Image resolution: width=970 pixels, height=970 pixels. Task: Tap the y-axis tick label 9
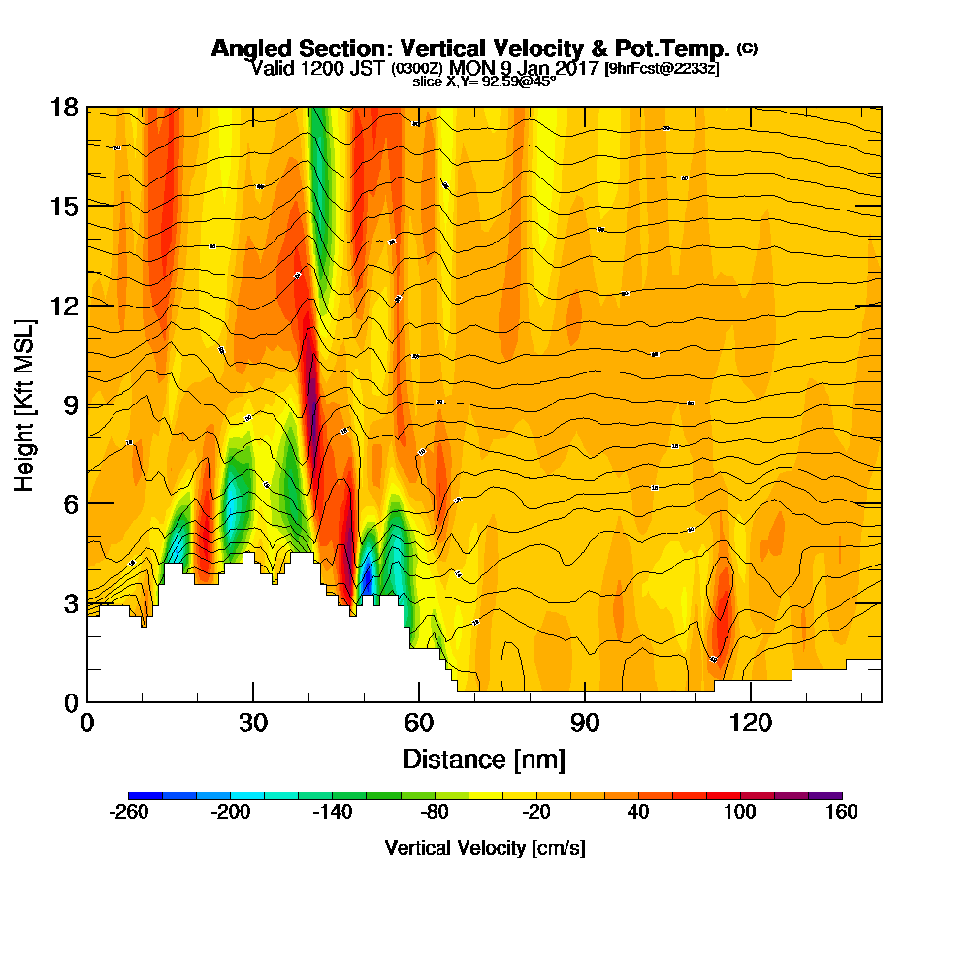[x=70, y=404]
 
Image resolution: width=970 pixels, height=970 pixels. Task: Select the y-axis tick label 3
[x=70, y=602]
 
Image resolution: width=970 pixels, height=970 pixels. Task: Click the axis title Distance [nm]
[x=484, y=758]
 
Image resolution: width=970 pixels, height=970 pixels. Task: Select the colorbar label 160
[x=841, y=813]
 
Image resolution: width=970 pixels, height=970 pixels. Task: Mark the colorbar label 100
[x=740, y=813]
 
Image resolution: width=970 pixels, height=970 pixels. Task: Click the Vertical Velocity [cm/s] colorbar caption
[x=484, y=848]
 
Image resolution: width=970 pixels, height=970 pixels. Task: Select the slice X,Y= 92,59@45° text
[x=484, y=82]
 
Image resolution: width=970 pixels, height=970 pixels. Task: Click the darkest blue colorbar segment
[x=139, y=795]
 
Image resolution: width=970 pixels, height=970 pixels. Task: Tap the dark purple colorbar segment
[x=831, y=795]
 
